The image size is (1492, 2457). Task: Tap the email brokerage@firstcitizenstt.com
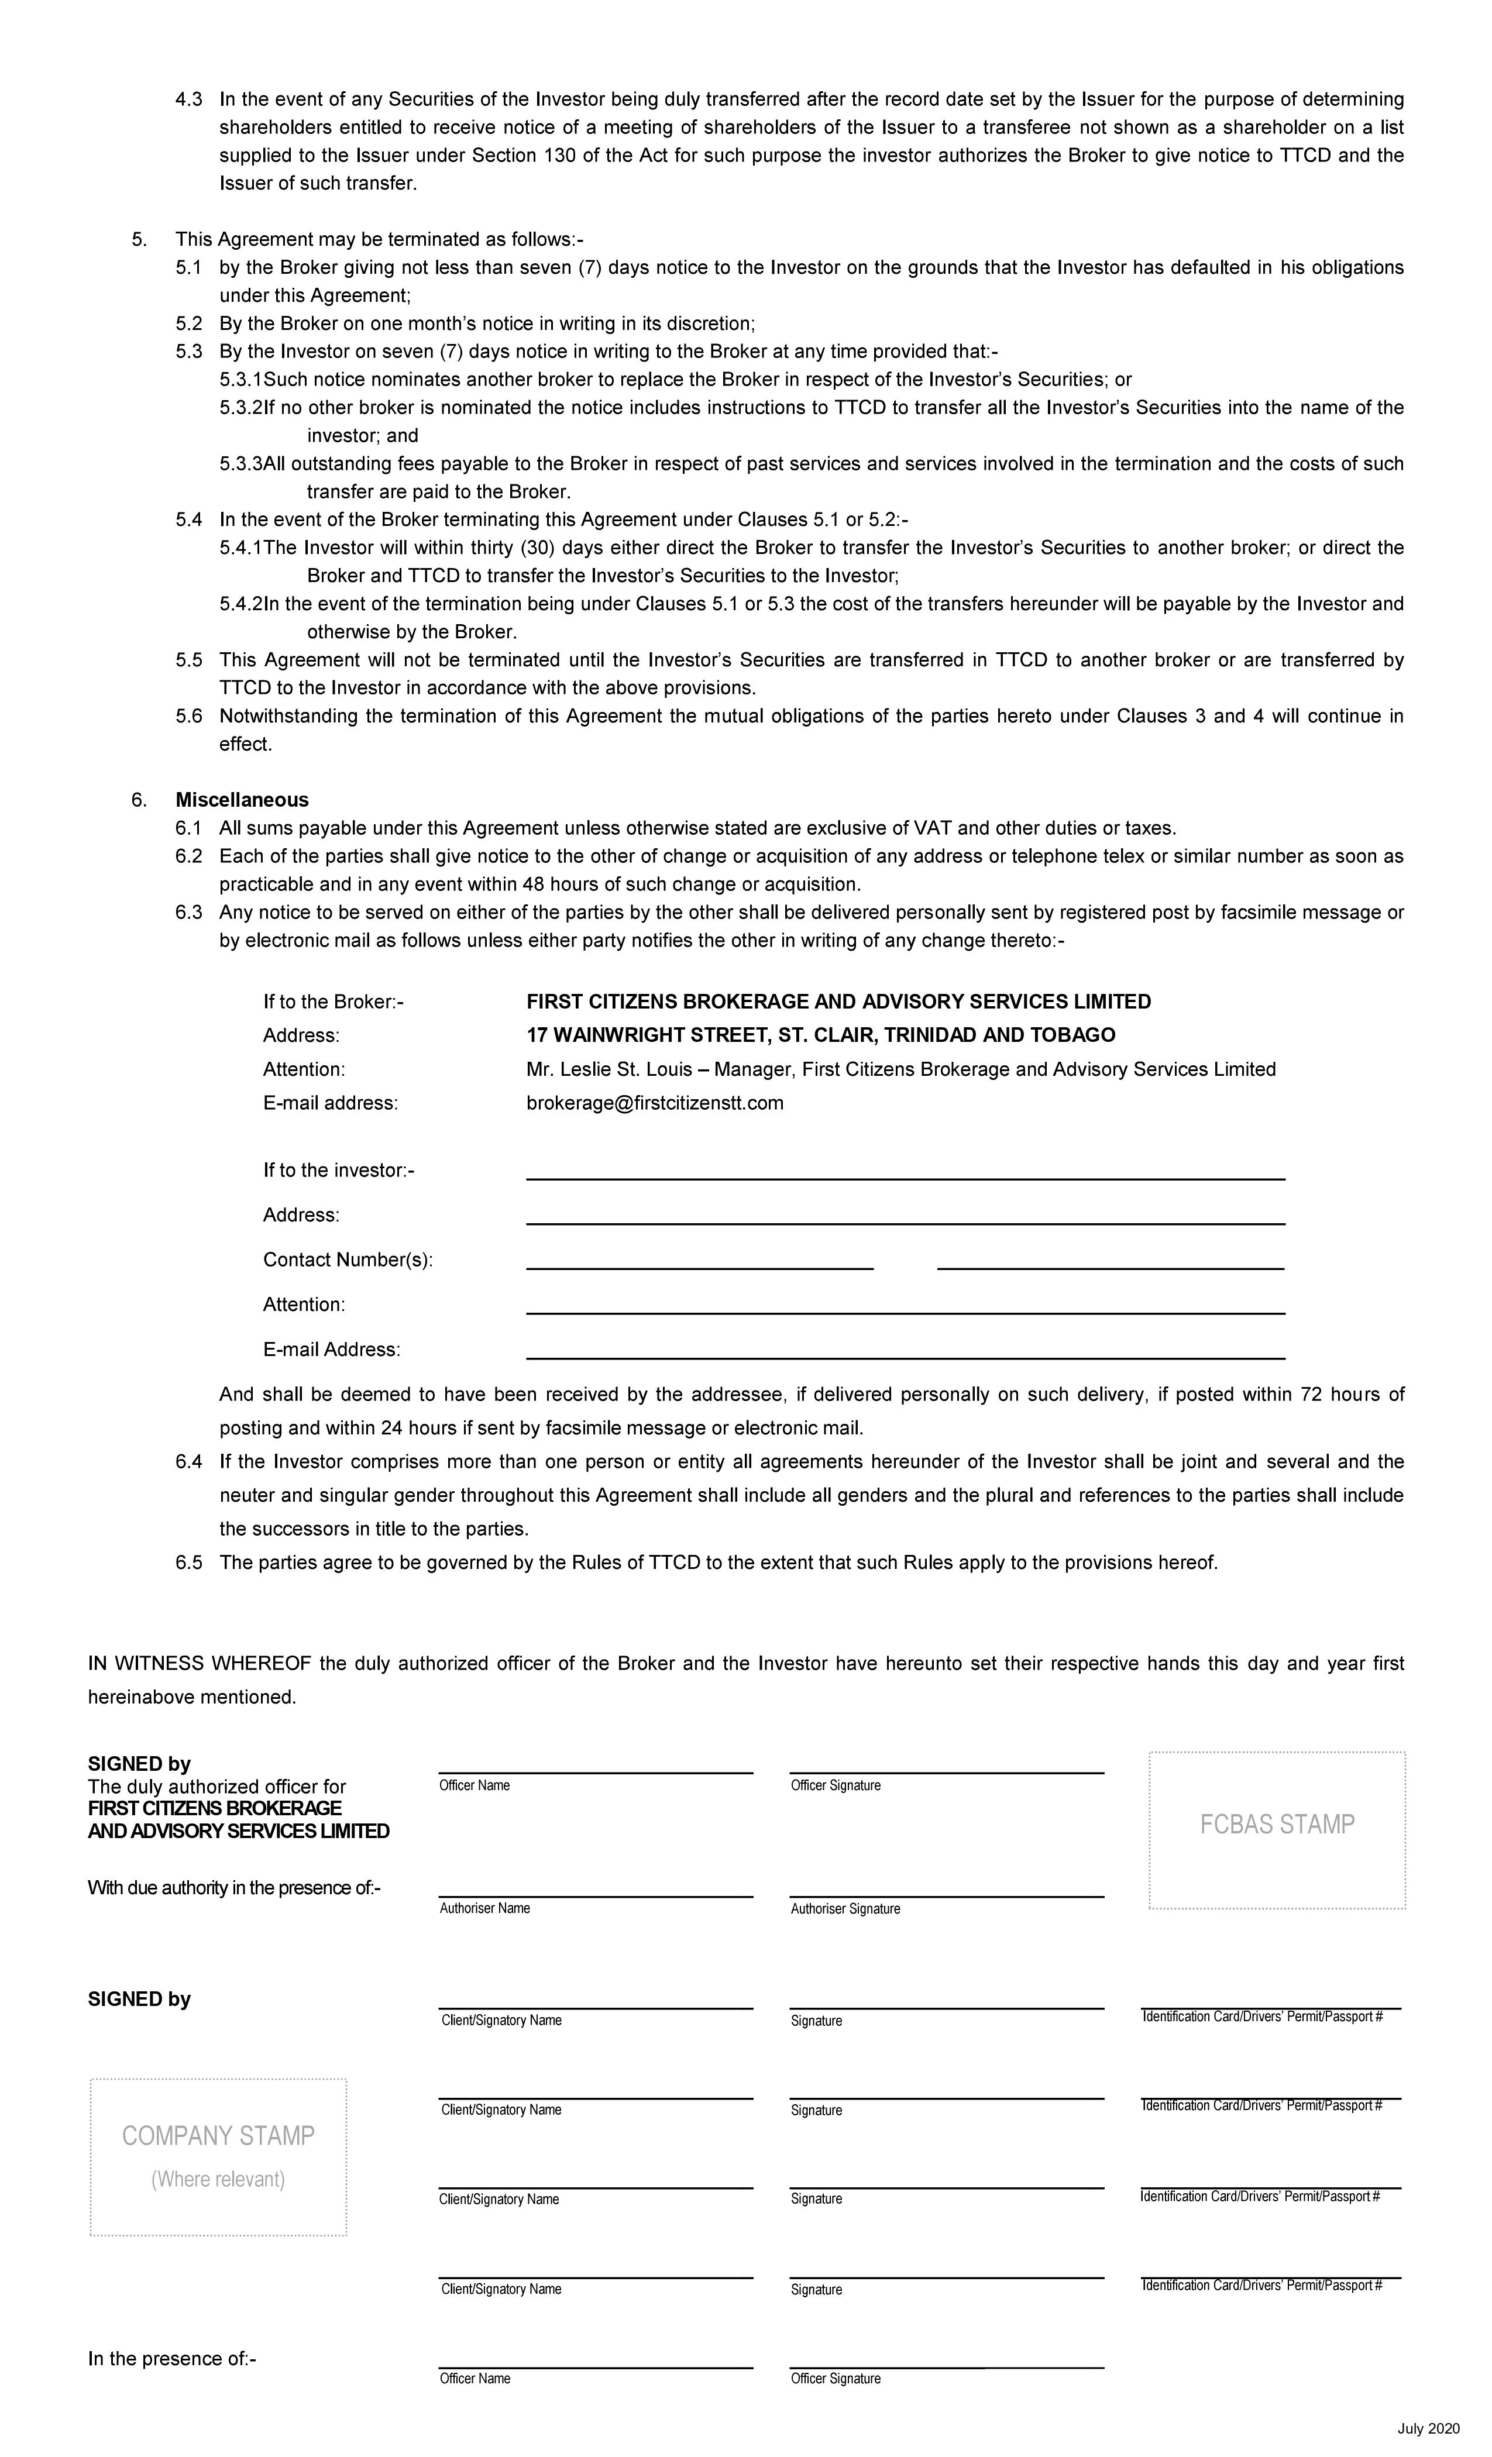[654, 1103]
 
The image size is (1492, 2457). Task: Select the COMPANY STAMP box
[218, 2156]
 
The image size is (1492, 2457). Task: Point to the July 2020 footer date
[1428, 2428]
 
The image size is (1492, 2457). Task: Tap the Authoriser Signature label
[845, 1908]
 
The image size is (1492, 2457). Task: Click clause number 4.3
[188, 99]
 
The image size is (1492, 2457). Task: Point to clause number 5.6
[188, 716]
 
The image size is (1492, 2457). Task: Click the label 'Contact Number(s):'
[347, 1260]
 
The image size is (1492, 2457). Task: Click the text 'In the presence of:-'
[171, 2358]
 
